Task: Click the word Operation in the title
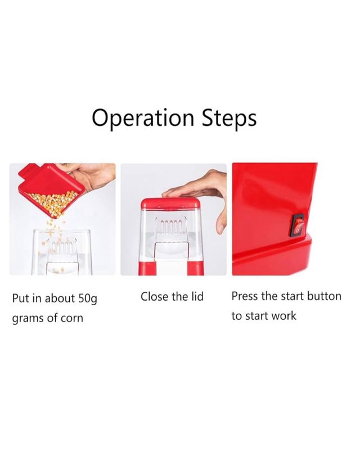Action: point(143,118)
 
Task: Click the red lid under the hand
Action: point(170,203)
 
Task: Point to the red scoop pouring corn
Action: point(52,189)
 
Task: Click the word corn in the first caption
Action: point(71,318)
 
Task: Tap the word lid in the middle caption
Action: point(196,297)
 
